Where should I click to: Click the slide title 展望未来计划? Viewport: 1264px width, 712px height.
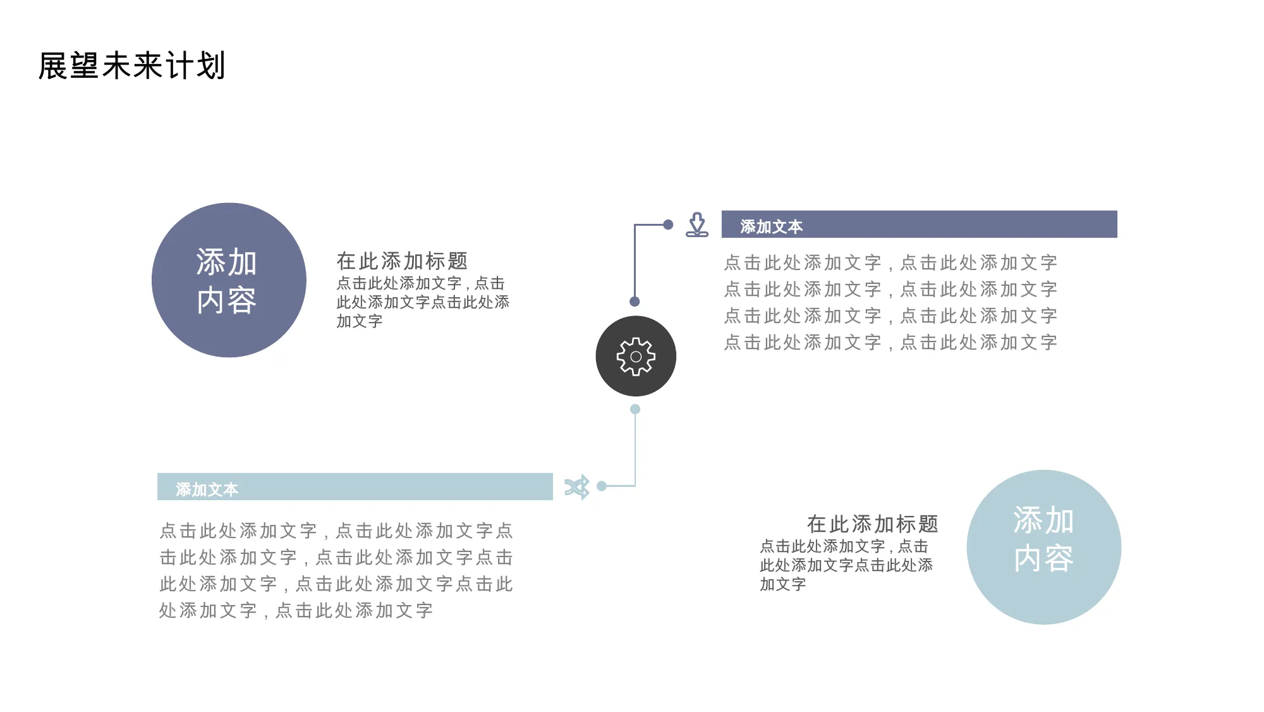[131, 66]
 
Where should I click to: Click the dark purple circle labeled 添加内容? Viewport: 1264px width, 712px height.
[229, 280]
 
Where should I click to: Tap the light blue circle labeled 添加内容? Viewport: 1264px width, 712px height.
[1044, 547]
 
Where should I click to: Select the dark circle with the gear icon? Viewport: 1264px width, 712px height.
[636, 356]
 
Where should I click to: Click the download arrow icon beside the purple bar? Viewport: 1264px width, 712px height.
[697, 224]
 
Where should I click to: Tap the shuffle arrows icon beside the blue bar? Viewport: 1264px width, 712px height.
[577, 487]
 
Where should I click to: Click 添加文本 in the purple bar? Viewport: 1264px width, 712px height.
[771, 226]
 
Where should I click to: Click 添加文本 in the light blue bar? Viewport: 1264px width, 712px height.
[207, 489]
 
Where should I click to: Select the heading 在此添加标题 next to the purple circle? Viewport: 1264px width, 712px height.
[402, 261]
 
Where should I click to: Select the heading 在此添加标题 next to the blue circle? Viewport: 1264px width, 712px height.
[872, 524]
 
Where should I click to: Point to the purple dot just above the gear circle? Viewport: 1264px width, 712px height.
[635, 302]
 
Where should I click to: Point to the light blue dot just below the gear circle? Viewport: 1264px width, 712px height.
[635, 409]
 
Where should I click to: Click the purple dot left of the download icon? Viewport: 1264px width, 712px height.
[668, 224]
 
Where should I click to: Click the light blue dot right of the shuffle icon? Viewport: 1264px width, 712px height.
[602, 486]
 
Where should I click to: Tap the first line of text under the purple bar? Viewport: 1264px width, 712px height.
[890, 262]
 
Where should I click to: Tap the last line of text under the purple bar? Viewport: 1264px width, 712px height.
[890, 342]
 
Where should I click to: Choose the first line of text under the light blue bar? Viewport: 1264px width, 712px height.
[336, 531]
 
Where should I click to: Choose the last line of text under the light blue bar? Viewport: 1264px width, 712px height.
[296, 610]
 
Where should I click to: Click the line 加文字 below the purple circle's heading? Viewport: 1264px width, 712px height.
[360, 321]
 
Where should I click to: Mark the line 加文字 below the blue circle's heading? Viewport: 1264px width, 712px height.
[783, 584]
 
